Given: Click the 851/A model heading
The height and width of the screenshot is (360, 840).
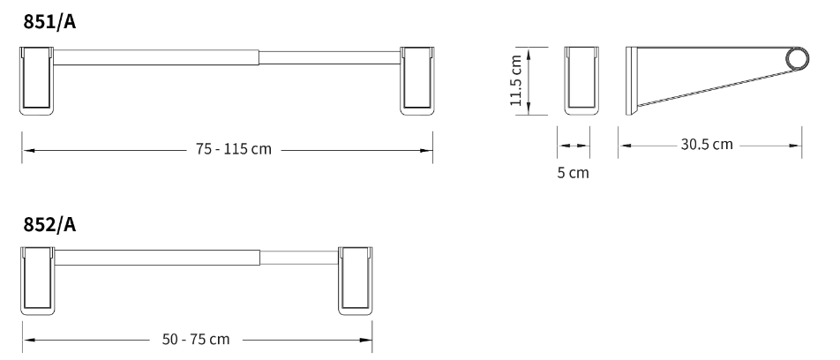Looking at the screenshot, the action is point(49,22).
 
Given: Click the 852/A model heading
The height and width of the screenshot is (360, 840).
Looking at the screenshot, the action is point(49,224).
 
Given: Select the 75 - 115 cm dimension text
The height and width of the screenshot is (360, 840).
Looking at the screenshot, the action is point(234,149).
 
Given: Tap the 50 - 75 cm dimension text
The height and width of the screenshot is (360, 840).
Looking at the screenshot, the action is point(196,339).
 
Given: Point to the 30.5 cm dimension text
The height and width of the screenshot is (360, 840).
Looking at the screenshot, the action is point(707,145).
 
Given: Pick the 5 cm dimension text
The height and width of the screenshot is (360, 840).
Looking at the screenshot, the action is point(573,173).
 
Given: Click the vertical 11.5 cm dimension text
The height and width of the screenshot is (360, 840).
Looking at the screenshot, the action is point(516,80).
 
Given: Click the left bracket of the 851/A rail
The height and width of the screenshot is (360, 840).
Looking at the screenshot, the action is point(37,81).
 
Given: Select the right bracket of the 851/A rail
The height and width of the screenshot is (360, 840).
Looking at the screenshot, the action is point(416,81).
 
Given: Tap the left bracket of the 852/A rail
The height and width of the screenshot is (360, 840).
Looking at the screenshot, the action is point(37,281).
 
